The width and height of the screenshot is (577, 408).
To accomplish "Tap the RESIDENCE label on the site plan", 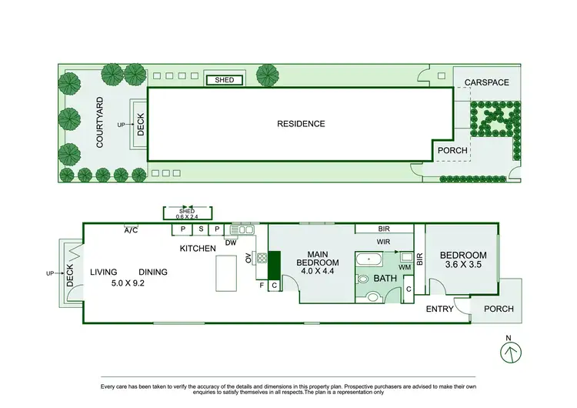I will (x=301, y=124).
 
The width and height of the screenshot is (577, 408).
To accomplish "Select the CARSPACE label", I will (x=485, y=82).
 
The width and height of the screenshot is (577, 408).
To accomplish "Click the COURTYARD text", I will (x=100, y=122).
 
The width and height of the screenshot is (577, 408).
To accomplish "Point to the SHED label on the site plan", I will (x=224, y=80).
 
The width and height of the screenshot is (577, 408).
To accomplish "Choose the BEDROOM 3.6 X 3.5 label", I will (x=463, y=260).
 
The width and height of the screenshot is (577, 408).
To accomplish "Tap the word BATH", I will (x=385, y=278).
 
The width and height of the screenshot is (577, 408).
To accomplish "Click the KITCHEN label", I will (x=198, y=249).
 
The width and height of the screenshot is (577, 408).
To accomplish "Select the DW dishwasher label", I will (x=231, y=242).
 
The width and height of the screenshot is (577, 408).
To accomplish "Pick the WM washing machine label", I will (x=405, y=266).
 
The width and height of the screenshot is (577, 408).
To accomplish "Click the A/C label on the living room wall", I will (x=132, y=229).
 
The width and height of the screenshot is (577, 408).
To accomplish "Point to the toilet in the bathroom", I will (x=372, y=293).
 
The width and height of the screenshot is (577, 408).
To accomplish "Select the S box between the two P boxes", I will (x=201, y=229).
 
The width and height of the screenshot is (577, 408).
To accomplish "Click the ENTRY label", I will (x=440, y=309).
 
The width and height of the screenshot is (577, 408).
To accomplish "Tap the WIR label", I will (x=383, y=242).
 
